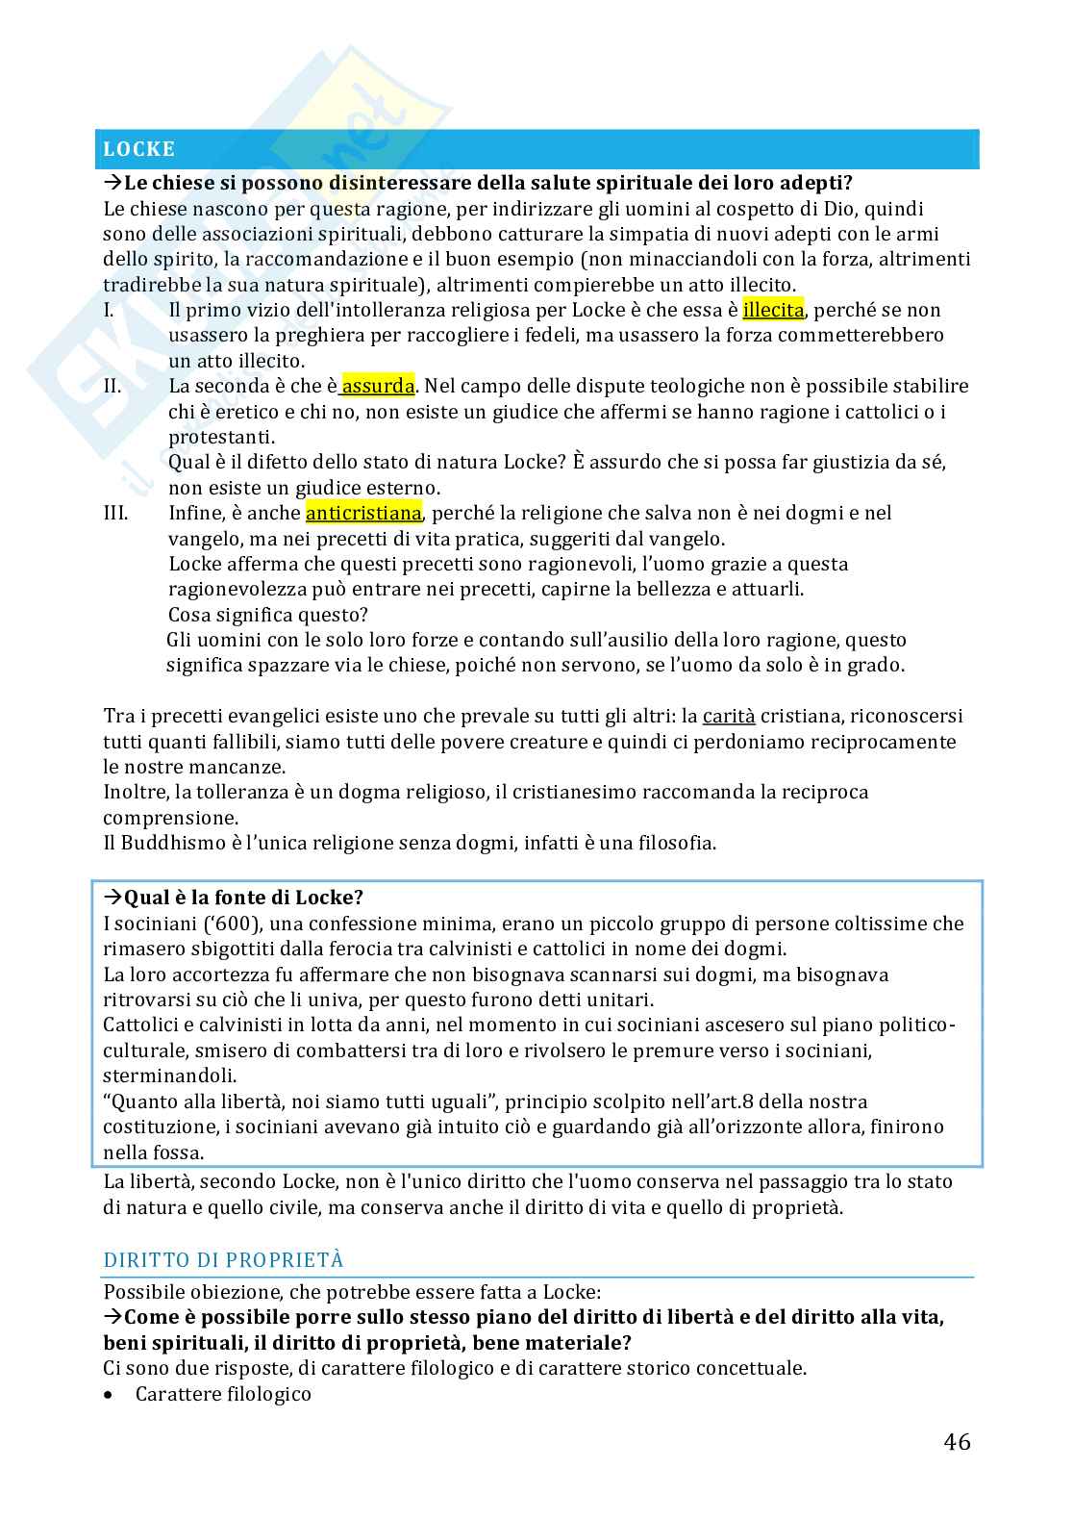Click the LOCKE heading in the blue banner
click(x=139, y=149)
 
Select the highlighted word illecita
click(x=773, y=310)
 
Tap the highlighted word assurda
click(x=379, y=386)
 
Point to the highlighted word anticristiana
click(x=363, y=513)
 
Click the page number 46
click(x=957, y=1441)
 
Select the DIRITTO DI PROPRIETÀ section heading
click(x=223, y=1260)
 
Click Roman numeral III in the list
click(x=115, y=513)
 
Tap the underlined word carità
click(x=729, y=716)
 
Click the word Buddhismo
click(x=166, y=843)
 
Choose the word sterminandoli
click(x=169, y=1076)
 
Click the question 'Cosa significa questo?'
click(x=268, y=614)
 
